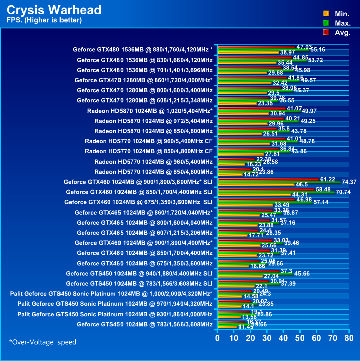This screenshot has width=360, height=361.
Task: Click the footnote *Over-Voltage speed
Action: pos(42,342)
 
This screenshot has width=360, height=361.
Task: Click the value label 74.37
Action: pos(349,182)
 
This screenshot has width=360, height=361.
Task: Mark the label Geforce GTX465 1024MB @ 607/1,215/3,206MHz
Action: pos(144,232)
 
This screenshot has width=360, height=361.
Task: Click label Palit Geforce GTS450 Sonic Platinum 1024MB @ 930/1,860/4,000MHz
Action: pos(114,314)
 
